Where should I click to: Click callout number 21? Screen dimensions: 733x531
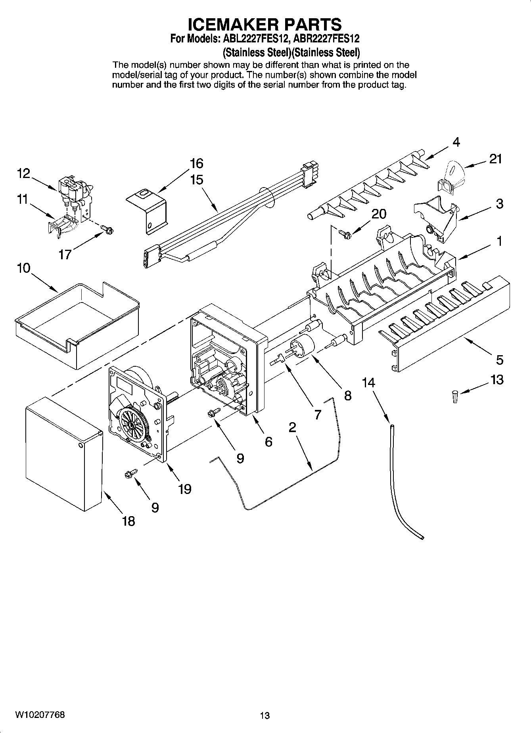[x=495, y=159]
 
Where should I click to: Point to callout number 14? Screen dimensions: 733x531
[x=368, y=383]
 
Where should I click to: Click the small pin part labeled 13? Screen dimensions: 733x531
[x=455, y=396]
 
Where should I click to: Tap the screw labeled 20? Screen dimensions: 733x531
[x=345, y=234]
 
